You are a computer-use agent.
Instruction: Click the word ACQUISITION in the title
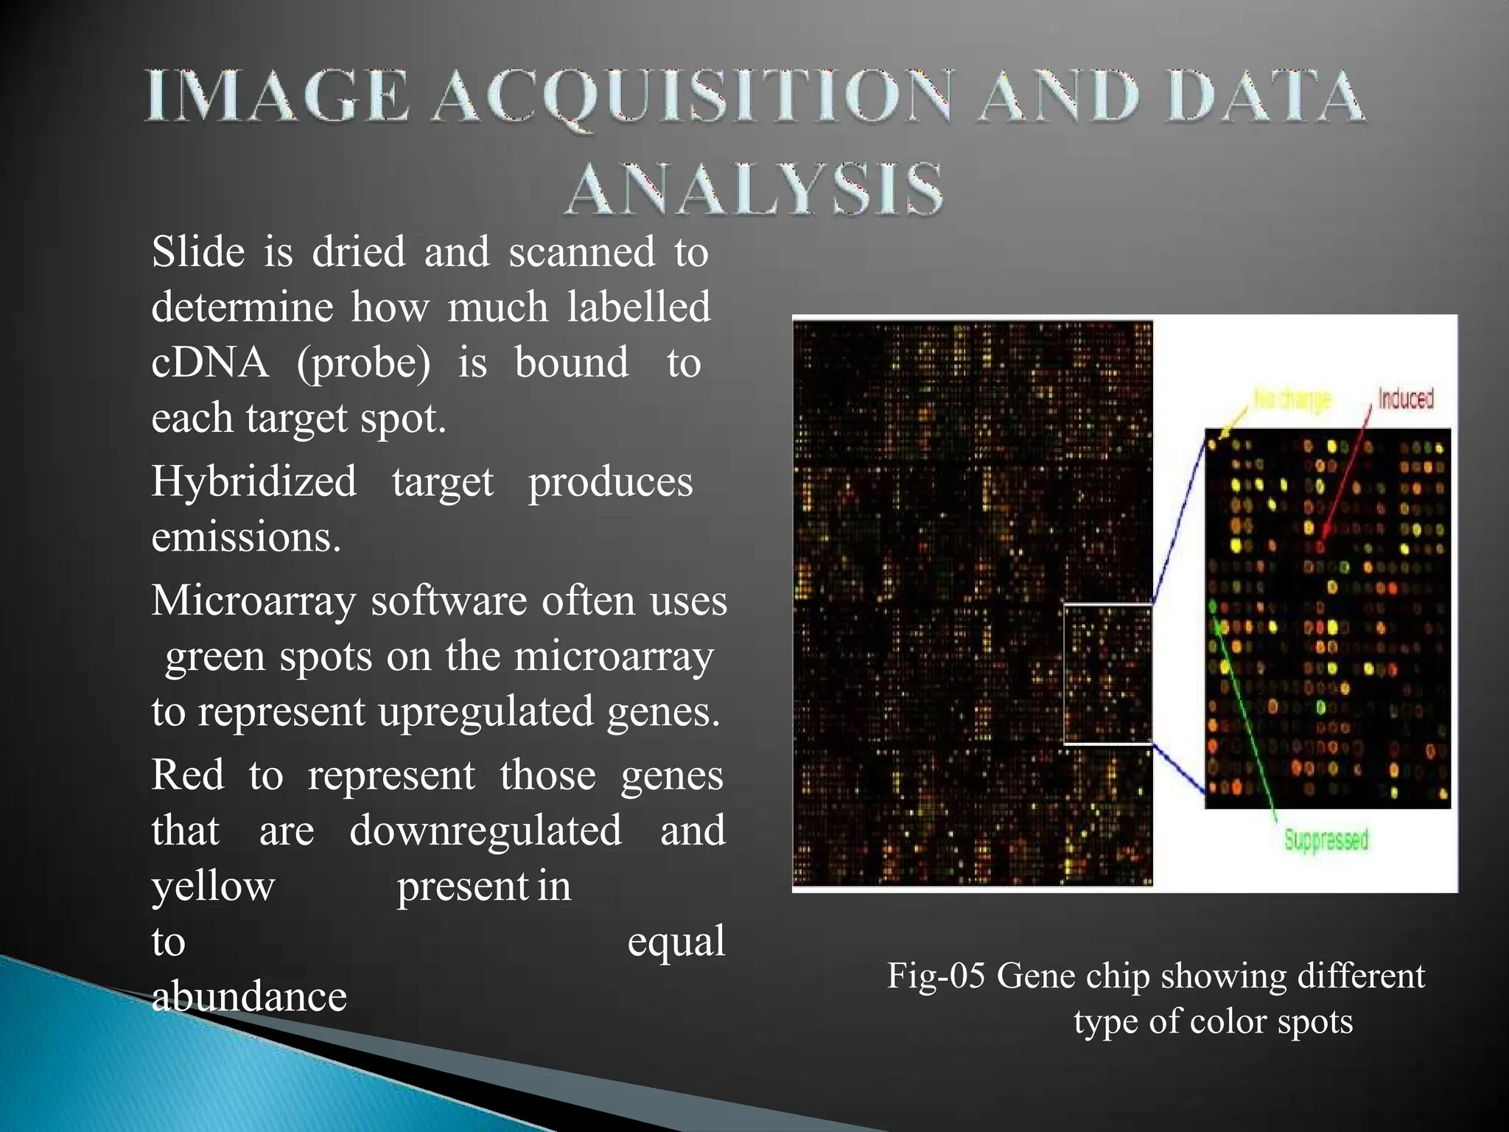[691, 97]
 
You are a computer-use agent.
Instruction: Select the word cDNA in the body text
[210, 363]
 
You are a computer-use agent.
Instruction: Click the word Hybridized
[253, 482]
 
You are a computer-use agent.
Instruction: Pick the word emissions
[246, 537]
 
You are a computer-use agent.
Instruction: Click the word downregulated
[486, 831]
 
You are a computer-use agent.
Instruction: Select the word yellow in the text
[213, 887]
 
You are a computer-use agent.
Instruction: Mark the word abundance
[249, 997]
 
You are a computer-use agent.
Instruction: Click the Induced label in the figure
[1405, 399]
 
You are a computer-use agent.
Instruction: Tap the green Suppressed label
[1326, 840]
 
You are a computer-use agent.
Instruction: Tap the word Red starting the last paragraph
[188, 775]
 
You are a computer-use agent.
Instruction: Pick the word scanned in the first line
[581, 252]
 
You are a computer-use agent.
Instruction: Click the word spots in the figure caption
[1314, 1021]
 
